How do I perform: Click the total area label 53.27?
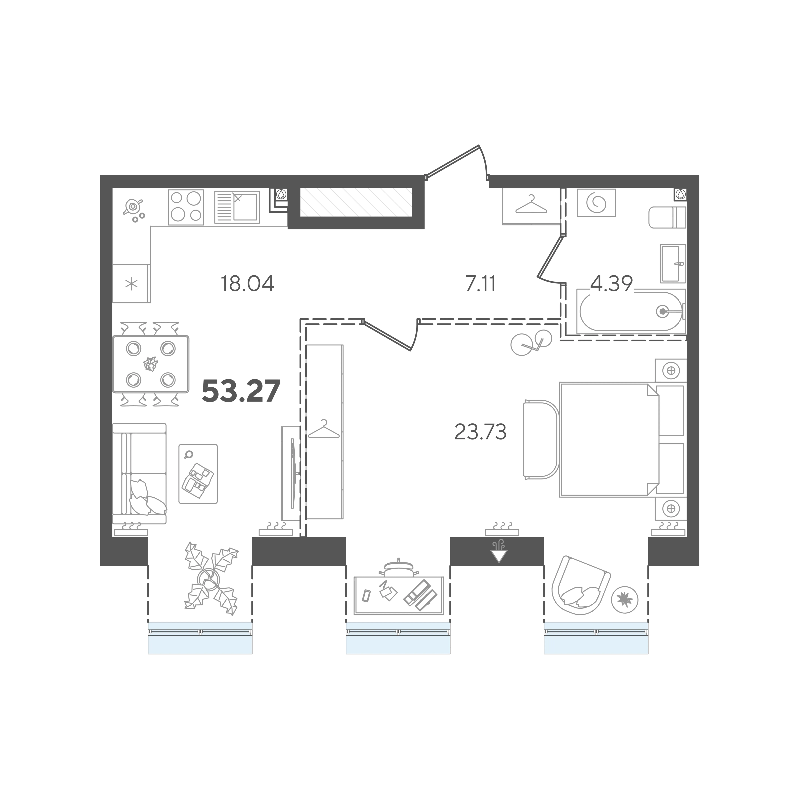(x=241, y=391)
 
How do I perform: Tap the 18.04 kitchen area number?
(x=247, y=284)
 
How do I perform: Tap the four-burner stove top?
(x=186, y=207)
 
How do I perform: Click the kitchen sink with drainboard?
(x=237, y=207)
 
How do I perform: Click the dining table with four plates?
(x=150, y=364)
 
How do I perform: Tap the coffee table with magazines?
(x=198, y=474)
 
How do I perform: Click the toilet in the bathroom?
(x=667, y=217)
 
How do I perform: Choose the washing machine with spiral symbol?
(x=596, y=203)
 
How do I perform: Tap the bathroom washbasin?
(x=673, y=263)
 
